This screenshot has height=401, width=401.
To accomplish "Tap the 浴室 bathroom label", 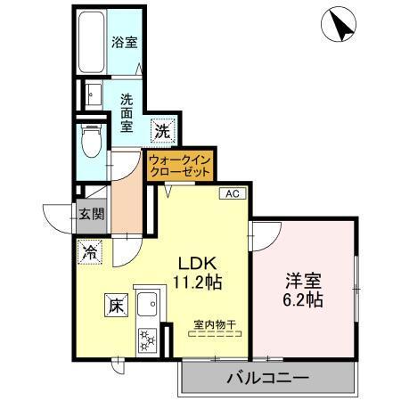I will point(123,42).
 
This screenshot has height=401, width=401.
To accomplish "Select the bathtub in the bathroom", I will point(91,44).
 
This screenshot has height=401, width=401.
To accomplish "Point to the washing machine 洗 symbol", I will point(161,130).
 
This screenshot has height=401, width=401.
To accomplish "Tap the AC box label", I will point(230,193).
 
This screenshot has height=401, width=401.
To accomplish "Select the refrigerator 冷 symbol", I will point(89,253).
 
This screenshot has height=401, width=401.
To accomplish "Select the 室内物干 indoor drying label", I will point(216,325).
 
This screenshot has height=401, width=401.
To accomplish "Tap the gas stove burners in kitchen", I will point(145,340).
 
